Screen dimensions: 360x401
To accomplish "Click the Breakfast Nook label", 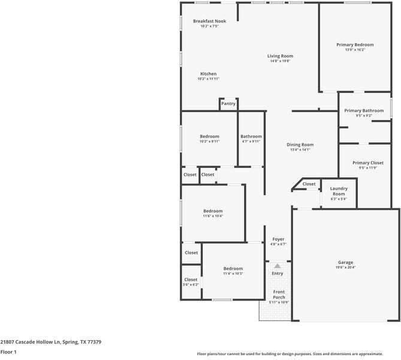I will pyautogui.click(x=209, y=21).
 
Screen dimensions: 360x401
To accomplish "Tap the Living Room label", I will pyautogui.click(x=280, y=56).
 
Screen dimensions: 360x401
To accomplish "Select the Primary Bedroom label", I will pyautogui.click(x=355, y=45).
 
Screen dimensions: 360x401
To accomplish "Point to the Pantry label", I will pyautogui.click(x=228, y=104).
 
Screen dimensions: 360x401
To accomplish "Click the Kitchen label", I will pyautogui.click(x=208, y=74).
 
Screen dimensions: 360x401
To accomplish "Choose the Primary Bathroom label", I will pyautogui.click(x=364, y=110).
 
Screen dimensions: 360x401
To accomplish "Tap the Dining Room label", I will pyautogui.click(x=300, y=145).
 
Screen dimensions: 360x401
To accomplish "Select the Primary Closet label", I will pyautogui.click(x=367, y=163).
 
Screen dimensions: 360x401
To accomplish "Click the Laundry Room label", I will pyautogui.click(x=339, y=191).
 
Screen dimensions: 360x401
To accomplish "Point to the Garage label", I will pyautogui.click(x=345, y=262).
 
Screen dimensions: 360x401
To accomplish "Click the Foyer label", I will pyautogui.click(x=278, y=239).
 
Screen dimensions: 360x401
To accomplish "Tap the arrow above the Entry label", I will pyautogui.click(x=278, y=265).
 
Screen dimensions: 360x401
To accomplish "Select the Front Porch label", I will pyautogui.click(x=279, y=294).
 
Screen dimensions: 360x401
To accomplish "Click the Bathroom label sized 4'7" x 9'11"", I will pyautogui.click(x=251, y=136).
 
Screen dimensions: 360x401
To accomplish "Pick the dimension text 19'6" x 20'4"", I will pyautogui.click(x=345, y=268).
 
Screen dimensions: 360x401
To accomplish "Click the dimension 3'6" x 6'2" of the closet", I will pyautogui.click(x=191, y=284).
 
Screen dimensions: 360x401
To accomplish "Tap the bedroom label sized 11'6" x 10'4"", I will pyautogui.click(x=213, y=211).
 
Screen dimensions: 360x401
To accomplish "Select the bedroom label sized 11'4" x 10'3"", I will pyautogui.click(x=233, y=268).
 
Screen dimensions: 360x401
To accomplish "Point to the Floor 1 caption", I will pyautogui.click(x=8, y=352).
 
